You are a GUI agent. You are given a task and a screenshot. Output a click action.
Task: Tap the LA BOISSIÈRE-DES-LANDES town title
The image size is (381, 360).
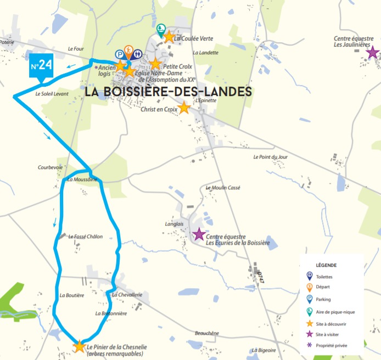tap(168, 92)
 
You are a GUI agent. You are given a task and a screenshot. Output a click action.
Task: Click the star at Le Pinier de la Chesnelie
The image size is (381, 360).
tap(80, 346)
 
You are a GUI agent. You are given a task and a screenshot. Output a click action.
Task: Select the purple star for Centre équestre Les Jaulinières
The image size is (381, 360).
tap(373, 53)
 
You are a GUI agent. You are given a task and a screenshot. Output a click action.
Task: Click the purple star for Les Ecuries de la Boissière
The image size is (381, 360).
tap(198, 234)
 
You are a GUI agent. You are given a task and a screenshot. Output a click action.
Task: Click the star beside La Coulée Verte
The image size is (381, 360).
tap(169, 36)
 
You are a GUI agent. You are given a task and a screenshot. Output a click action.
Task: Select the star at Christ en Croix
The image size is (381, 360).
tap(184, 108)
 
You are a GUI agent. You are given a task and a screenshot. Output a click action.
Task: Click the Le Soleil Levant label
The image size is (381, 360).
tap(52, 94)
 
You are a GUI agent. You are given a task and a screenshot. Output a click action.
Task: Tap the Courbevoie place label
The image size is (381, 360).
tap(51, 168)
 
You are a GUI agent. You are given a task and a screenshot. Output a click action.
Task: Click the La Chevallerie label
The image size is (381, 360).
tap(127, 295)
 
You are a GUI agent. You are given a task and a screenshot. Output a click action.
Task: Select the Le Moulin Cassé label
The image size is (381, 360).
tap(223, 188)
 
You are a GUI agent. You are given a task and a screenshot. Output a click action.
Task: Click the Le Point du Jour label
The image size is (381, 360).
tap(270, 157)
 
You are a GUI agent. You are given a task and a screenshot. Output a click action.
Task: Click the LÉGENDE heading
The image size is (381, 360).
tap(326, 265)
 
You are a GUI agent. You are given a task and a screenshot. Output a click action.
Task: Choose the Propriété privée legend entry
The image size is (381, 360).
tap(332, 346)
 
